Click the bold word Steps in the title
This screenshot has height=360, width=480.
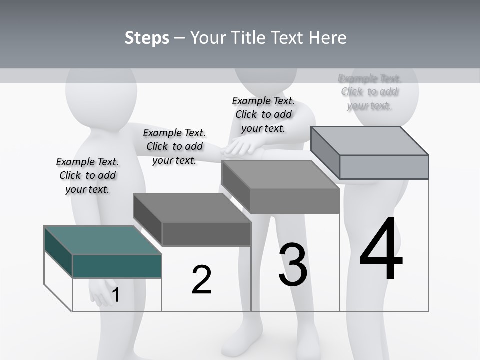click(x=147, y=38)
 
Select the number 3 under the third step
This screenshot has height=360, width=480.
click(x=293, y=265)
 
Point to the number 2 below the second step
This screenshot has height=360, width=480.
click(x=201, y=280)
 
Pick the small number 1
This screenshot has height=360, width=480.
click(x=115, y=295)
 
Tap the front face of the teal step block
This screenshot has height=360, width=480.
click(x=117, y=266)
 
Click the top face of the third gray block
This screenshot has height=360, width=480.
click(x=280, y=174)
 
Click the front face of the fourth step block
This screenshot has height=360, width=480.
click(x=384, y=167)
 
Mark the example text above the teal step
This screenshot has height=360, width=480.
click(x=87, y=175)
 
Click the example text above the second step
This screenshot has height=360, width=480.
click(x=174, y=146)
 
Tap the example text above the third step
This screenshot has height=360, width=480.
click(x=263, y=114)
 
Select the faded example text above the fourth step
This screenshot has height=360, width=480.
click(x=369, y=92)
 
